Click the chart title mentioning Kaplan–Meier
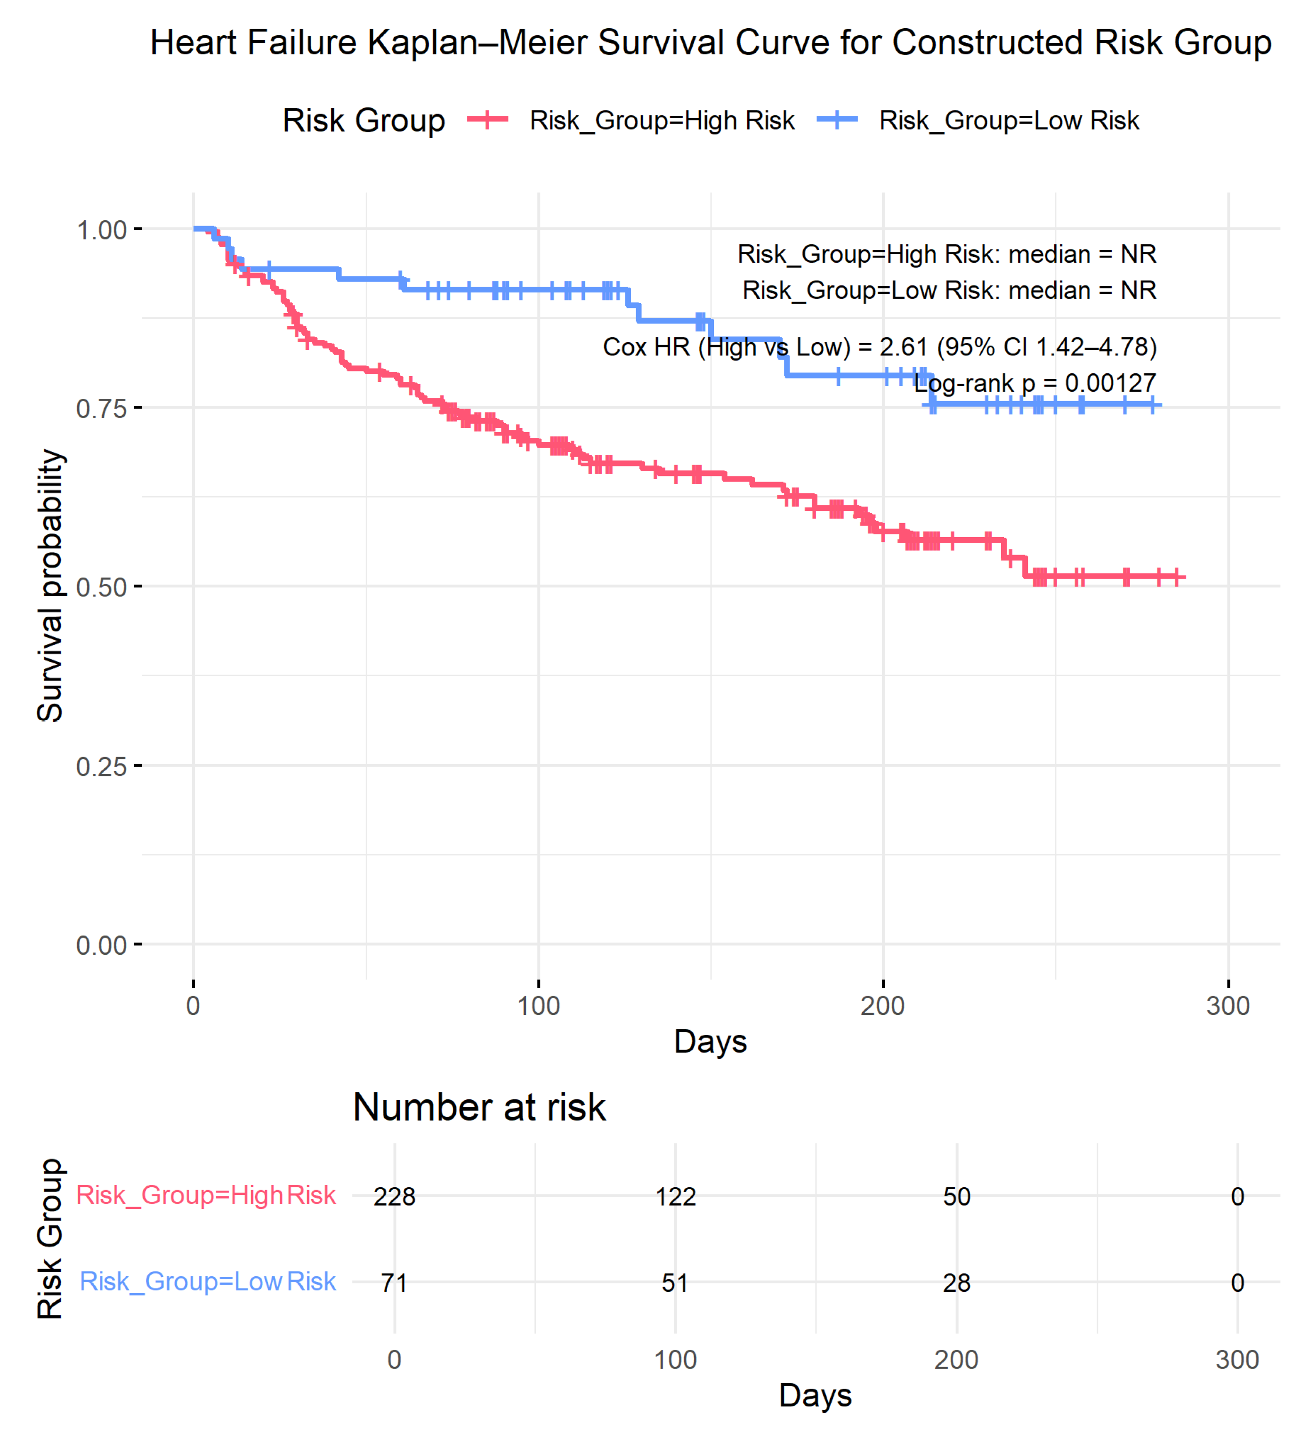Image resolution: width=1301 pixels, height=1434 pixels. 710,43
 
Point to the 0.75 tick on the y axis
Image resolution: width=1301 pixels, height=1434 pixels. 101,408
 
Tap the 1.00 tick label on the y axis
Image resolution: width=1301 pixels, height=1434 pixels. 101,230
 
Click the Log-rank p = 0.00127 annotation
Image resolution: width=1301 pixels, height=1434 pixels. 1035,383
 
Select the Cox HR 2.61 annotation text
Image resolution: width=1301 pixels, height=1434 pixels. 879,346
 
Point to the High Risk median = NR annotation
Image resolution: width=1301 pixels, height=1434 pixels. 946,254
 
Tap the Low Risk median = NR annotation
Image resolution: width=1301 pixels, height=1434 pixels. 949,290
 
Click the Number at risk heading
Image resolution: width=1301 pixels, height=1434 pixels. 479,1107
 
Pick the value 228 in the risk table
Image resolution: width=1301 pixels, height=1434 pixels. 394,1196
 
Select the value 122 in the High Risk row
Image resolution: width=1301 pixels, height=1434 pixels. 675,1196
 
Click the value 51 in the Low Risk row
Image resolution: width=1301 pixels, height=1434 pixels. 675,1283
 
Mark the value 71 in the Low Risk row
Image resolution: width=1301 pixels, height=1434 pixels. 394,1283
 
